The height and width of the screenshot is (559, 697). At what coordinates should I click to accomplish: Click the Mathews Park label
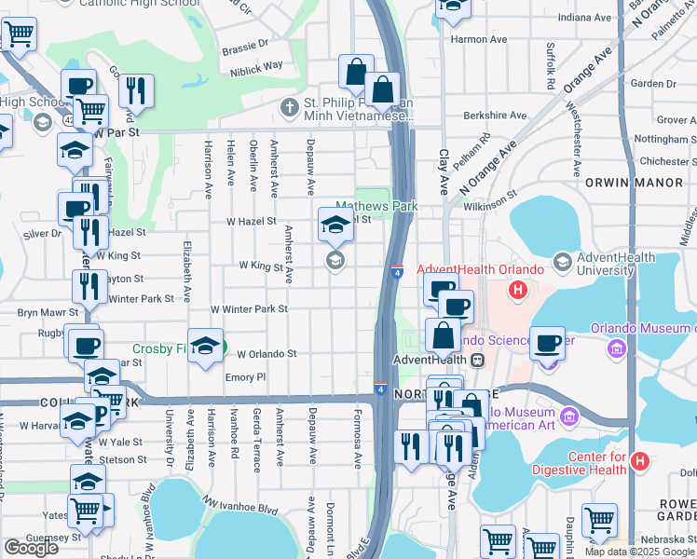click(376, 207)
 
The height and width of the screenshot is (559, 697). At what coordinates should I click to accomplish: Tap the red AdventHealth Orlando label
click(480, 270)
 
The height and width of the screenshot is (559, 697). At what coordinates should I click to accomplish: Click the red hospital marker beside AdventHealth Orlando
click(519, 292)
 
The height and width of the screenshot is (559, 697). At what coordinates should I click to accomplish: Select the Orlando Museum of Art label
click(643, 328)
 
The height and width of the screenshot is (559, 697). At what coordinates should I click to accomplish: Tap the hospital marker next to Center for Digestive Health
click(639, 460)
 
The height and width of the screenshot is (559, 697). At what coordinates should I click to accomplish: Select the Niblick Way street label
click(258, 66)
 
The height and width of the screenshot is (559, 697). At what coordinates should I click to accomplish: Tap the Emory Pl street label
click(246, 377)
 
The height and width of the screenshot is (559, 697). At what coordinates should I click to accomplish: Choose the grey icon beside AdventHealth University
click(562, 264)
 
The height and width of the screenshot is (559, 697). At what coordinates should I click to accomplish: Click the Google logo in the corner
click(31, 547)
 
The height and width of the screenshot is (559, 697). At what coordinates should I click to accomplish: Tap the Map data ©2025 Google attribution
click(638, 552)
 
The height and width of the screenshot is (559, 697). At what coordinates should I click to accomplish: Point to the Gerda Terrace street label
click(257, 440)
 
